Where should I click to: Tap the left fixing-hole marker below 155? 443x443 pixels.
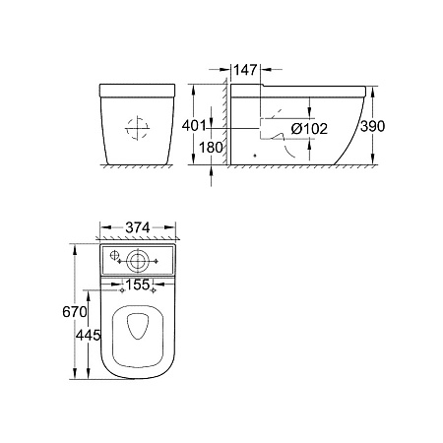pos(121,292)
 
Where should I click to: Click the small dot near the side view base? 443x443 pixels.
pos(254,155)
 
